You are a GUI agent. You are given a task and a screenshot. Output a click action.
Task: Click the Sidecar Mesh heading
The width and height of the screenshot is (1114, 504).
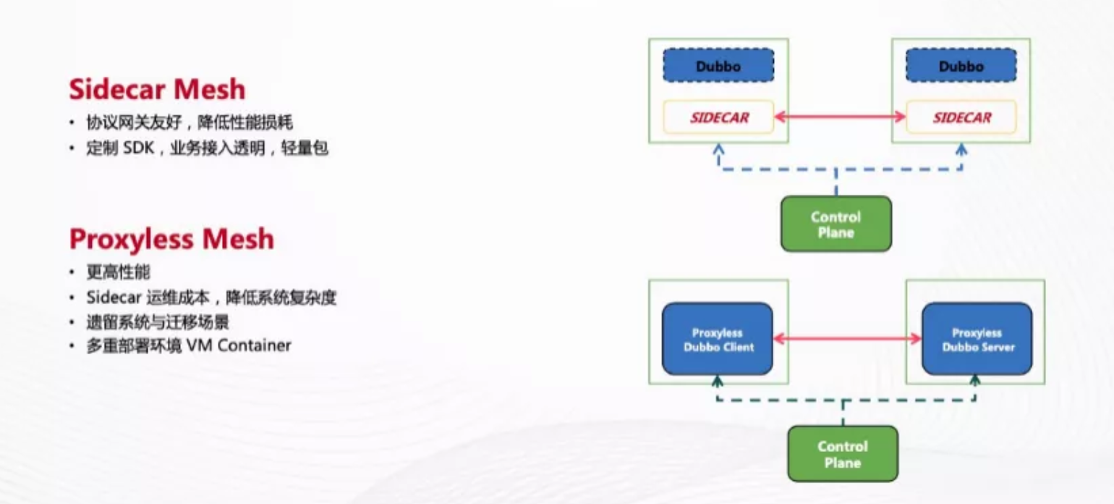[x=157, y=89]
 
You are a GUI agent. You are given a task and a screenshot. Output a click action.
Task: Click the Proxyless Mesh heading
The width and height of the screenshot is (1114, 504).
[x=171, y=238]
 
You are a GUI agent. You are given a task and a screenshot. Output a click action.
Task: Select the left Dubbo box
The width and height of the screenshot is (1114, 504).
[x=718, y=66]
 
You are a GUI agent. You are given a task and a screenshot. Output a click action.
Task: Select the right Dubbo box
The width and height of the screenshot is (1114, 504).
[x=961, y=66]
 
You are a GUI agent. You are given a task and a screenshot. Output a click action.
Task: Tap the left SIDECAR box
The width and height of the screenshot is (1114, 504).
[x=718, y=117]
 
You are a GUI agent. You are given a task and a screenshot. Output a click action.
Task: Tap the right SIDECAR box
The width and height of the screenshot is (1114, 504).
[x=961, y=117]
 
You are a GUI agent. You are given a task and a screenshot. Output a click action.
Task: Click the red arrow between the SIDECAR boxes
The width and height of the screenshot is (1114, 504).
[x=840, y=117]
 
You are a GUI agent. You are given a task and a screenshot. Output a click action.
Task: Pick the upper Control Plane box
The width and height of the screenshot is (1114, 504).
[x=836, y=224]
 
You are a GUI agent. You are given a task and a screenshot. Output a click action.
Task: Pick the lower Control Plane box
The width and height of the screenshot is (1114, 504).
[x=842, y=454]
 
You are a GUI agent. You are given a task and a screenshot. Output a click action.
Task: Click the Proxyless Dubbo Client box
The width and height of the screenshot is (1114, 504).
[x=718, y=339]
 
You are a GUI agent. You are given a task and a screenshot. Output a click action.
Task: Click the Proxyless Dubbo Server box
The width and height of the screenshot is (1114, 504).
[x=977, y=339]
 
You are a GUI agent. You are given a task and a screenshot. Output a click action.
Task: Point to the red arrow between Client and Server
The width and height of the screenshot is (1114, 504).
[x=847, y=338]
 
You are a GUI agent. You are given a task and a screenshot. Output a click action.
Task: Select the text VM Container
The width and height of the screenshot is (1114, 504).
[x=238, y=345]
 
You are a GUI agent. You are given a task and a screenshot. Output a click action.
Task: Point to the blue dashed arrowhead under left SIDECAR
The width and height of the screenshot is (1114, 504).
[x=718, y=148]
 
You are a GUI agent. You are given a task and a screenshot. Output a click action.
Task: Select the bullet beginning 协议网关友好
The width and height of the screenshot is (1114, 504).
[x=190, y=122]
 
